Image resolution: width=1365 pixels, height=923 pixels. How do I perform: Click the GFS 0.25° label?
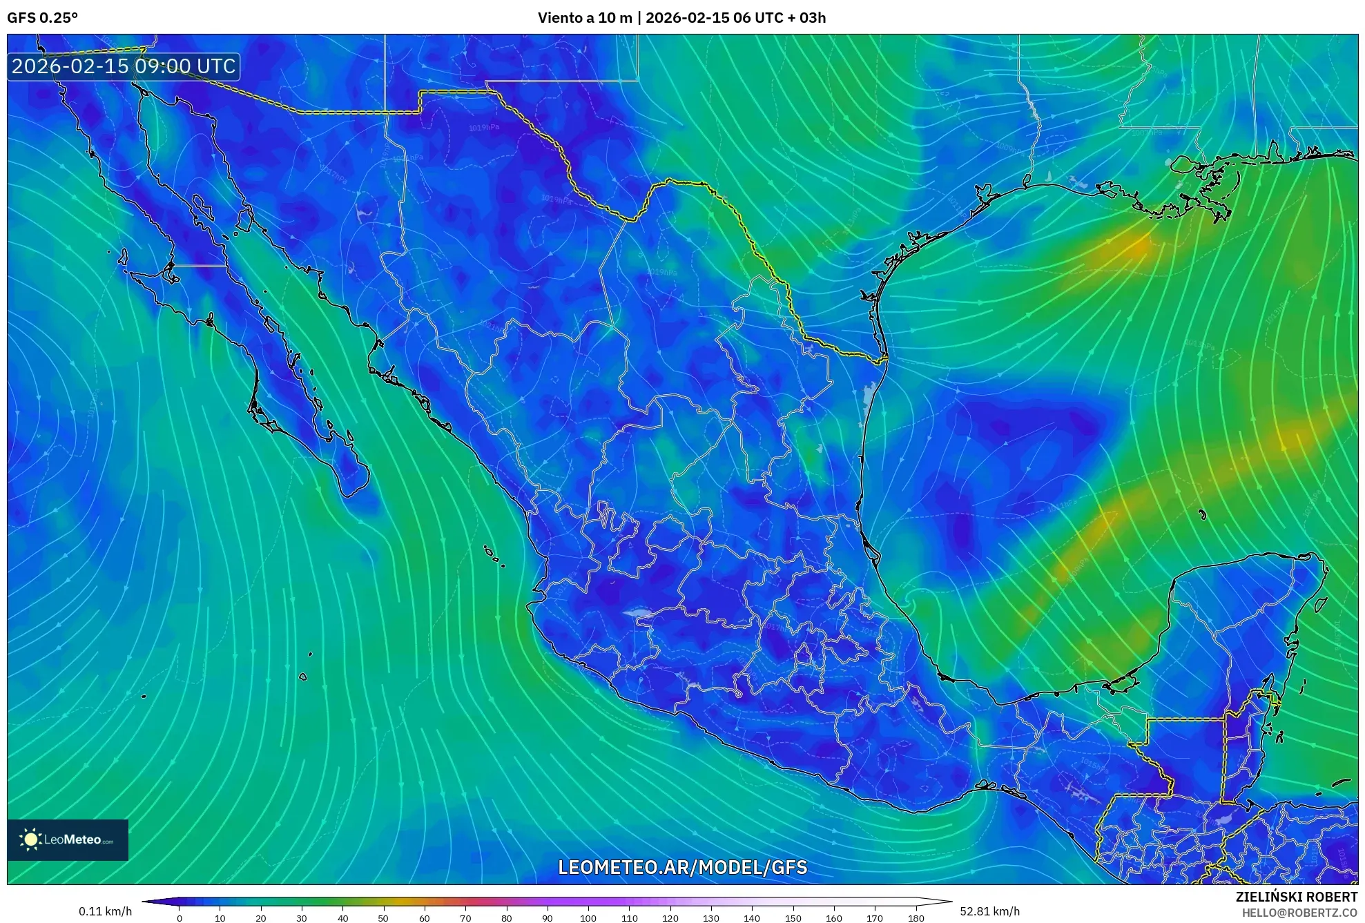tap(42, 18)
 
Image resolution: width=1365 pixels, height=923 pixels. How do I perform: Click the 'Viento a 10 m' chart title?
tap(585, 18)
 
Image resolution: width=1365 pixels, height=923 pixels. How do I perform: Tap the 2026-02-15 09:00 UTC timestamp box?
tap(124, 66)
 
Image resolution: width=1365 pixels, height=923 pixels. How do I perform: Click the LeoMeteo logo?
tap(68, 839)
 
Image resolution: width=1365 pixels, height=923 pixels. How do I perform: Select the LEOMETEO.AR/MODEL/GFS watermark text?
tap(682, 867)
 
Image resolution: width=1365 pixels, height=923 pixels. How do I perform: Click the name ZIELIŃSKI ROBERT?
tap(1296, 897)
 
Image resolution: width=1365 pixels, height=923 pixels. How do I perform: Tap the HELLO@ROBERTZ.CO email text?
tap(1299, 913)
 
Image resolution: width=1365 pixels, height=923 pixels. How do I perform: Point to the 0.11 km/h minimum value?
tap(105, 911)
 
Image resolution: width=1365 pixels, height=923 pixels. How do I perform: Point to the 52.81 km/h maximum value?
tap(989, 911)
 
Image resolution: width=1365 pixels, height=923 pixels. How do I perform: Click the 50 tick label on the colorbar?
tap(383, 918)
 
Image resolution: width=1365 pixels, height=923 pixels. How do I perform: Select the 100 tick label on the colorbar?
tap(588, 918)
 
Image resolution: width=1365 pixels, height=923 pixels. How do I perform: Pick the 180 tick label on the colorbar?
tap(916, 918)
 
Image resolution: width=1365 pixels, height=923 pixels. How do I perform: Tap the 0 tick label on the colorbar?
tap(180, 918)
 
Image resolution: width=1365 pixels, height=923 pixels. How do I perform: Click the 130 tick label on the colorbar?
tap(710, 918)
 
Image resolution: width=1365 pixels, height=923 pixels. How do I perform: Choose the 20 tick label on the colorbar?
tap(261, 918)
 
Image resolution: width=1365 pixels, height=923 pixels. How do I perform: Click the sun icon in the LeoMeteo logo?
tap(30, 839)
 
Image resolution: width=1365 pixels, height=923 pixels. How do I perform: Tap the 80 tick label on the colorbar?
tap(506, 918)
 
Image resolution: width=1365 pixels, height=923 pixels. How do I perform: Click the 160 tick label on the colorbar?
tap(833, 918)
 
